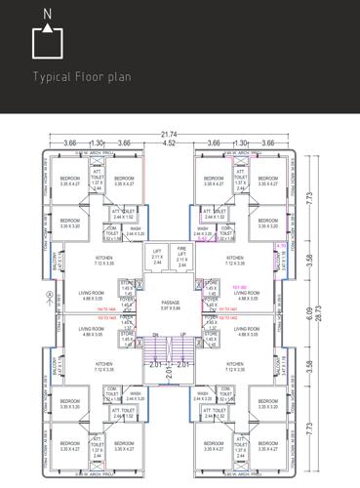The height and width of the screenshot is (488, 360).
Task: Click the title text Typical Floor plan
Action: pyautogui.click(x=82, y=76)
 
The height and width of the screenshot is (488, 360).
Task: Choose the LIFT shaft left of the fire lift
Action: pyautogui.click(x=158, y=257)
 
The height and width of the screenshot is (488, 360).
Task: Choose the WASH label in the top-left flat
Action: pyautogui.click(x=136, y=229)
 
